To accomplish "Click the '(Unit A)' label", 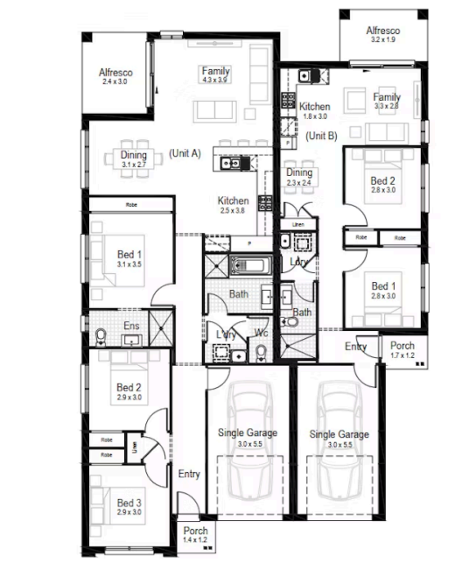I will (x=185, y=153).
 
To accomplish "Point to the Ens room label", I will (x=130, y=327).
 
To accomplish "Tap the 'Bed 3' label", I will (x=129, y=503).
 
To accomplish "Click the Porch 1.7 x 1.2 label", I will (x=402, y=350).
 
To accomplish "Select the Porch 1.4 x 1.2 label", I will (x=195, y=535).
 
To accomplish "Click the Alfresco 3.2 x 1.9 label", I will (x=383, y=34).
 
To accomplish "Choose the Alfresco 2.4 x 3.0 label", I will (x=114, y=76).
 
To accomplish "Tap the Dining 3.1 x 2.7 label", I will (x=134, y=159).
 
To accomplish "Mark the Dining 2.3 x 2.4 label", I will (x=299, y=178).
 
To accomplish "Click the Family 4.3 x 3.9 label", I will (x=215, y=74).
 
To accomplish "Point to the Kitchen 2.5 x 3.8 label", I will (x=233, y=206).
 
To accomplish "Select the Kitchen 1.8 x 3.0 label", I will (x=314, y=109).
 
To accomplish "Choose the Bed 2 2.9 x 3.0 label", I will (x=129, y=391).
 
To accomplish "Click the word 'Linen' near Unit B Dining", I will (x=298, y=225).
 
